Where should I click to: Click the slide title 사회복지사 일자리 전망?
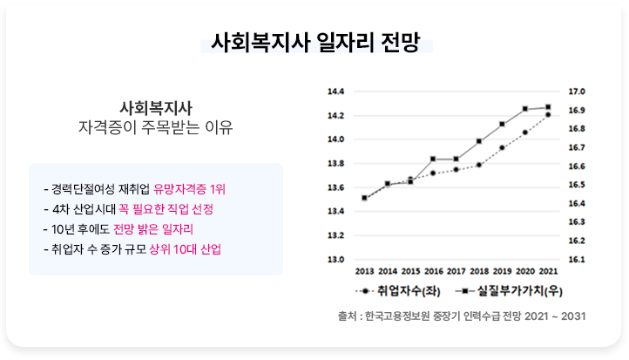coord(314,43)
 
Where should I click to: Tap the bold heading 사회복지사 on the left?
coord(156,108)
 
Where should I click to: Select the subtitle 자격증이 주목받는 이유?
coord(156,128)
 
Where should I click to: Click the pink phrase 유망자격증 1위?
coord(189,189)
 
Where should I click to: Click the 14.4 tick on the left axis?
coord(336,92)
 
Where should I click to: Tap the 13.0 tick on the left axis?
coord(336,260)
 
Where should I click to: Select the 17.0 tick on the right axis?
coord(577,92)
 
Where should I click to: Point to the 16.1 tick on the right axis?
coord(577,260)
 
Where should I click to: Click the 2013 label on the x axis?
coord(364,272)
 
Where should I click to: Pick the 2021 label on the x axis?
coord(549,272)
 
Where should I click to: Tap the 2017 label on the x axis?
coord(457,272)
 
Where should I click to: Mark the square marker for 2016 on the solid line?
coord(433,159)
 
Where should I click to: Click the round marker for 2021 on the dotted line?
coord(548,114)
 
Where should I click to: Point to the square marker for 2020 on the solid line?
coord(525,109)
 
